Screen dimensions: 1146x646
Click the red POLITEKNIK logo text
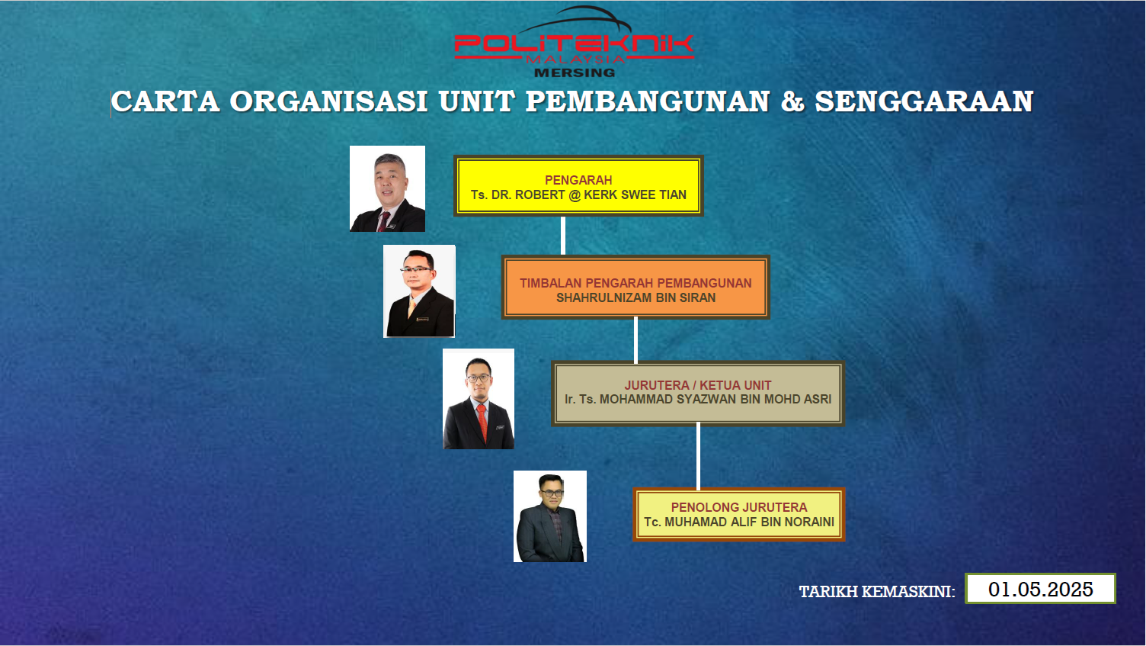point(574,43)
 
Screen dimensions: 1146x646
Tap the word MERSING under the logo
point(575,72)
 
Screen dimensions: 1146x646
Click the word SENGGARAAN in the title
point(924,101)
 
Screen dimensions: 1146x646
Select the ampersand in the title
point(792,101)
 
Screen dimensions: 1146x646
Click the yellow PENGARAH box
point(578,185)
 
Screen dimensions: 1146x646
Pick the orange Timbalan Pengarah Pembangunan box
point(635,287)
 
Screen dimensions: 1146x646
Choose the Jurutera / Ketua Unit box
point(698,394)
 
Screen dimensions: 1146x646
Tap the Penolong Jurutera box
point(739,514)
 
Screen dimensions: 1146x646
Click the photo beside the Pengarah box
point(387,188)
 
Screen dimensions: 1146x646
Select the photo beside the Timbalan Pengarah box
point(419,291)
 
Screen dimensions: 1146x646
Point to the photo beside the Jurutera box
point(479,399)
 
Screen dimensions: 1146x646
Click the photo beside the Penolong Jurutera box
point(550,516)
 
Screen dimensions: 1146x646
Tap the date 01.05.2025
point(1041,589)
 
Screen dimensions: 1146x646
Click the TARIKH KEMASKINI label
point(877,592)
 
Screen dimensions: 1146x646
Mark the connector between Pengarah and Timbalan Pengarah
point(563,236)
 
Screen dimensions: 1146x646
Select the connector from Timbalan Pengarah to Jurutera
point(635,340)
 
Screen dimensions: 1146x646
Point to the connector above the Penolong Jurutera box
point(698,457)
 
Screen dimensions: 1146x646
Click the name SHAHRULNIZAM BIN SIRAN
point(635,297)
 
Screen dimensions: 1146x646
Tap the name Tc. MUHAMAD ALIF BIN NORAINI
point(739,522)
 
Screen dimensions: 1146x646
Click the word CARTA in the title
point(165,101)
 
